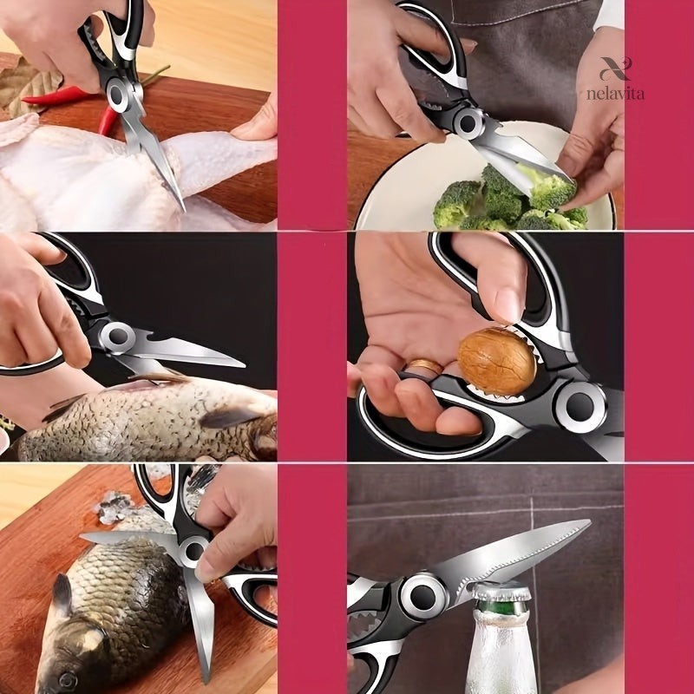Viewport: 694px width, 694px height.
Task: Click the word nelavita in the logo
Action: pos(615,94)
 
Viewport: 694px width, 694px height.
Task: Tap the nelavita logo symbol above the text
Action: pos(615,69)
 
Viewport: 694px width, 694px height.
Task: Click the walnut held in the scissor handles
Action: pos(496,361)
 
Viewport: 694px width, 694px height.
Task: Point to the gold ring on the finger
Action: pos(424,367)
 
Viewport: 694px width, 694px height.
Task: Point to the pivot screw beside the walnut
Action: pos(580,406)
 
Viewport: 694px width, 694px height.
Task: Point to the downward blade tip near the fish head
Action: pos(206,678)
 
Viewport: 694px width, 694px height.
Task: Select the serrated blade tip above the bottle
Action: pos(586,523)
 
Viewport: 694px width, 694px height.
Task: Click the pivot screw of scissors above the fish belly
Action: pos(118,337)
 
